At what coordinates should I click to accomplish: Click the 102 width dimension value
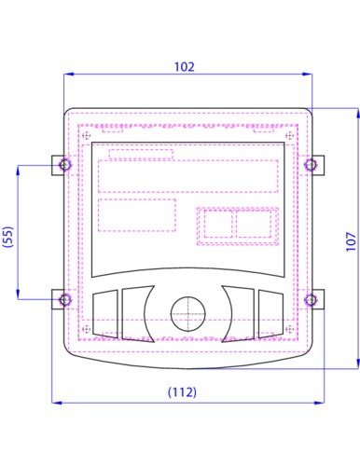click(x=184, y=67)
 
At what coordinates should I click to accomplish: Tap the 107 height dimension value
click(x=351, y=241)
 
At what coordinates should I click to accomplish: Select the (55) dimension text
click(x=8, y=237)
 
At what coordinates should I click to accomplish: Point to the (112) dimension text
click(x=182, y=392)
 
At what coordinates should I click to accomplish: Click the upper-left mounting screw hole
click(x=65, y=165)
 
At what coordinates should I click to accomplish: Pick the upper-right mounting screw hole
click(x=311, y=165)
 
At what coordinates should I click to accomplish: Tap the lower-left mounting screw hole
click(x=65, y=300)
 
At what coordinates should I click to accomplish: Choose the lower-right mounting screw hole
click(x=311, y=300)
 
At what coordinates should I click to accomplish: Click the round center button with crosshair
click(x=188, y=314)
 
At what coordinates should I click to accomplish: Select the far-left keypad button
click(x=105, y=314)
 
